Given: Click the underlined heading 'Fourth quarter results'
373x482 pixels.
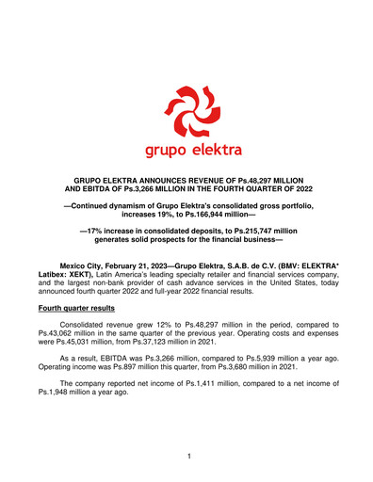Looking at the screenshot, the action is (x=85, y=308).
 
